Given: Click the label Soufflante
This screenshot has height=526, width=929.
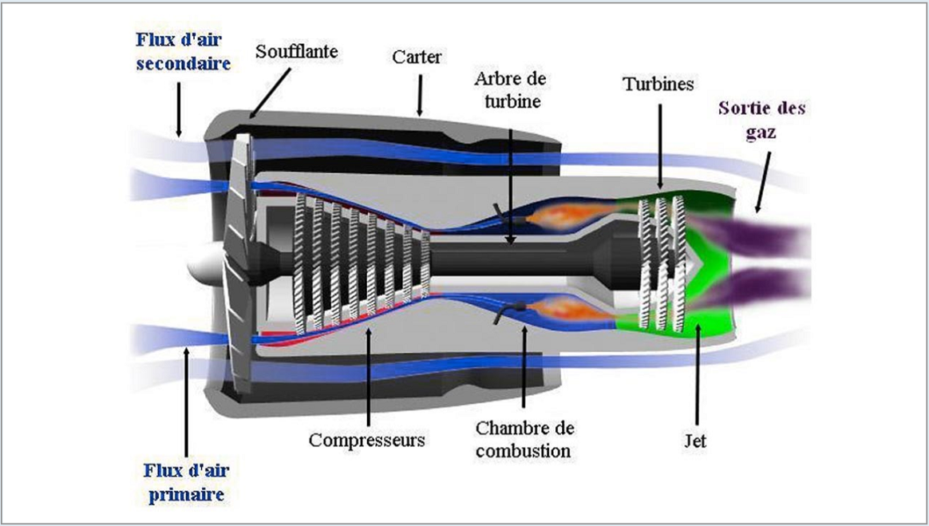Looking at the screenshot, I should [297, 53].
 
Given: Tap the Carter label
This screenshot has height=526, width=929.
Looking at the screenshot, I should [417, 57].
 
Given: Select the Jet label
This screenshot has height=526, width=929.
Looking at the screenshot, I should [696, 440].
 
